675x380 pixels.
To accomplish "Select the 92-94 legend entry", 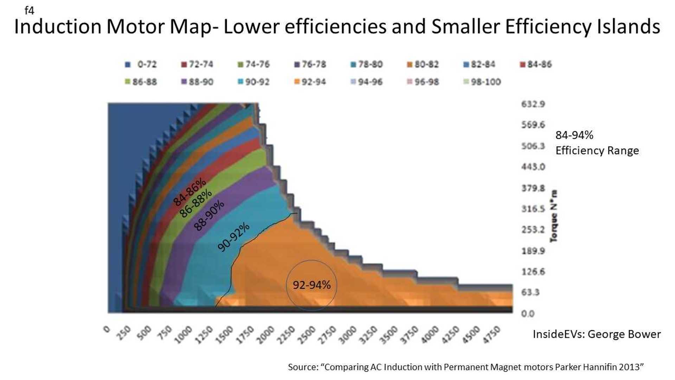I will (310, 82).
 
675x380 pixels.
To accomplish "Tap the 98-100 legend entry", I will (482, 82).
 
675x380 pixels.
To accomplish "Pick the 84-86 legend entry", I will (536, 64).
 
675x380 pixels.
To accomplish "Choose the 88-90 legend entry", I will (197, 82).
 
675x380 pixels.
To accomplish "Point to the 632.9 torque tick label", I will (533, 104).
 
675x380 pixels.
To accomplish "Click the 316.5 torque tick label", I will (533, 209).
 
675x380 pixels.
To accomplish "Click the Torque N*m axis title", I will (554, 216).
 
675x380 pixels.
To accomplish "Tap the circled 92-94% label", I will (311, 285).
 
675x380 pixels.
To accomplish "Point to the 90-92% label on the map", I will (233, 237).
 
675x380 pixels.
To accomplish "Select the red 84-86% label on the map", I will (189, 192).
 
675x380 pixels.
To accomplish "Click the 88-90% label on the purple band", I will (209, 215).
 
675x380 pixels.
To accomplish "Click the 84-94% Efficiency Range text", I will (597, 143).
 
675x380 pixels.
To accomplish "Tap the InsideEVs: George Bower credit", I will (597, 334).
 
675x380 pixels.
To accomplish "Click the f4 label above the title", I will (29, 11).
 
